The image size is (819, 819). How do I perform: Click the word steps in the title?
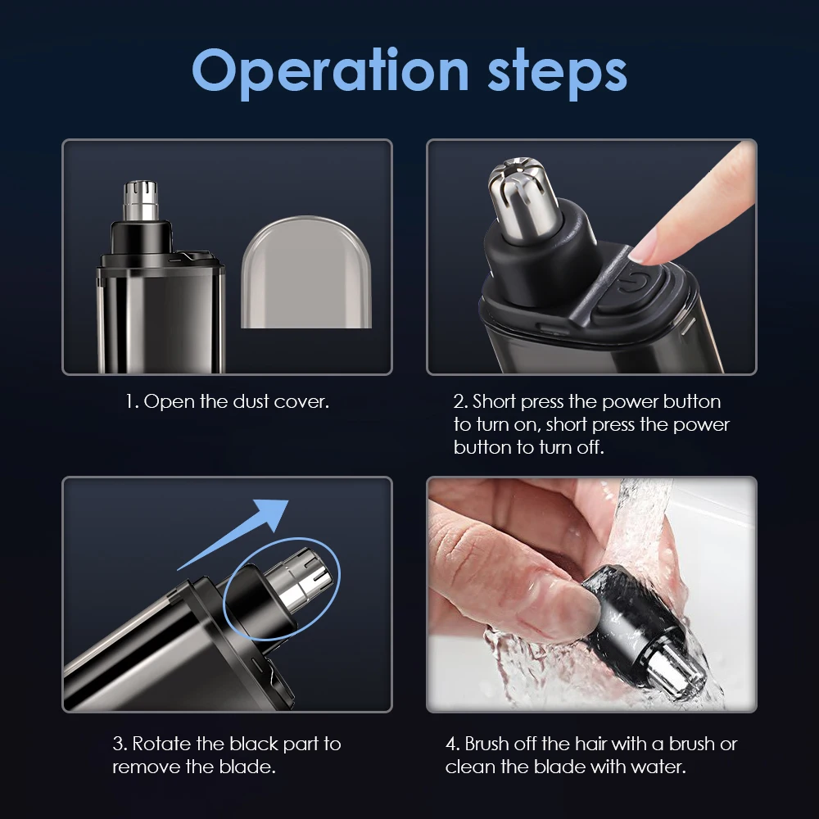click(557, 72)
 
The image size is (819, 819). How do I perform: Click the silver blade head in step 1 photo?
click(140, 201)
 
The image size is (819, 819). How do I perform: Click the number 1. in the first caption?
click(132, 402)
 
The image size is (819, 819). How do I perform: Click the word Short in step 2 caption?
click(494, 402)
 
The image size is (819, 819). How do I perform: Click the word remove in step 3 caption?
click(143, 767)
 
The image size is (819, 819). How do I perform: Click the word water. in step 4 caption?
click(658, 767)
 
